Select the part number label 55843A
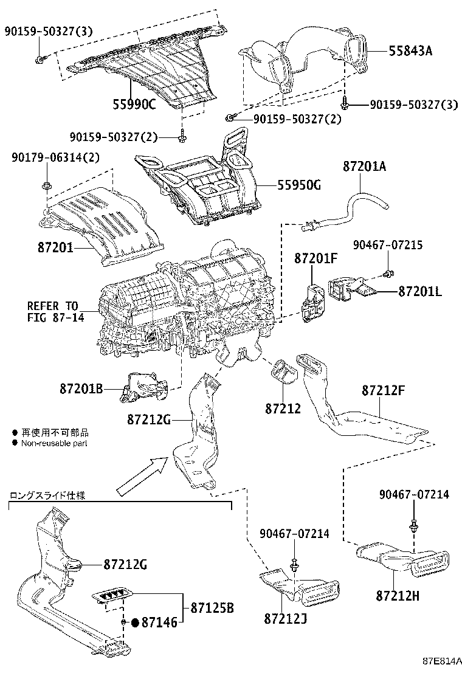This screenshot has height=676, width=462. tap(410, 51)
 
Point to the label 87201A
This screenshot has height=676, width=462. tap(364, 165)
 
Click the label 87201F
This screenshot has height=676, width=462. tap(316, 258)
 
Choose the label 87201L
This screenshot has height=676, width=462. tap(420, 292)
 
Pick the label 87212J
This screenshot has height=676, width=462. tap(285, 618)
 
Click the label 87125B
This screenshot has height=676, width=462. tap(212, 607)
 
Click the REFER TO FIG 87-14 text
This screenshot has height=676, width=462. tap(53, 311)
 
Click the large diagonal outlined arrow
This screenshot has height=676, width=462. tap(141, 477)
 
